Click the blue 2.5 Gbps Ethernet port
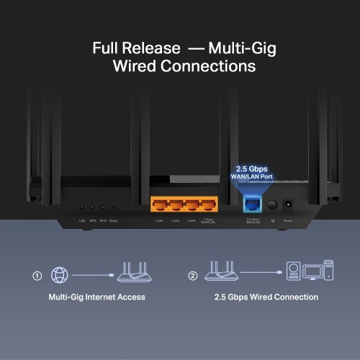(x=253, y=204)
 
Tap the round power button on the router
(x=273, y=204)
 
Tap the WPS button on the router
(x=93, y=207)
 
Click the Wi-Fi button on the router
(x=103, y=207)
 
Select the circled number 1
(x=37, y=275)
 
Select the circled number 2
(x=192, y=275)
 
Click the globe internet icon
(x=60, y=275)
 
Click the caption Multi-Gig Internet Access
(x=97, y=297)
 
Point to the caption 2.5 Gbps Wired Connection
(x=266, y=297)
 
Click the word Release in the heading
(x=153, y=48)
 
